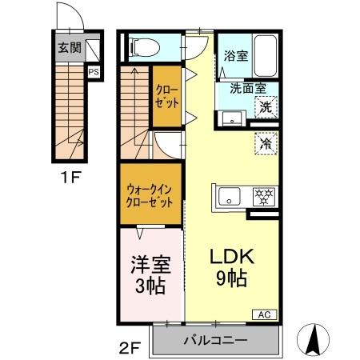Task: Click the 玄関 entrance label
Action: click(x=69, y=47)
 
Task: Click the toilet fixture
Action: click(x=145, y=46)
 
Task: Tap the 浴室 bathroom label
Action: click(x=234, y=57)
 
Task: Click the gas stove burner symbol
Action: click(x=262, y=195)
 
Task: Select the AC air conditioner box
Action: click(x=263, y=314)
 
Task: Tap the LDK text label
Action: click(x=231, y=258)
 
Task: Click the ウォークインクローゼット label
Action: click(x=150, y=196)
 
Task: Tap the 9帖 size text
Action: click(x=231, y=280)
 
